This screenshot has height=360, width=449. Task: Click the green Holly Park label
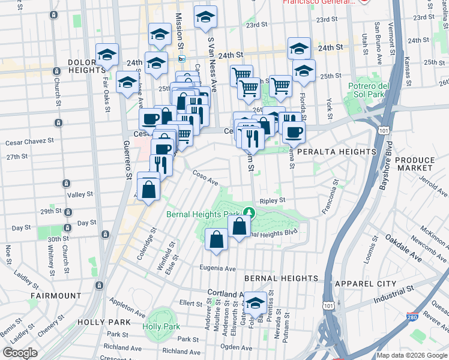point(161,327)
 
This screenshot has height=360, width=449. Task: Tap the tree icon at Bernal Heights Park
point(249,212)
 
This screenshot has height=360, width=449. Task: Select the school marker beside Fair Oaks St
point(107,55)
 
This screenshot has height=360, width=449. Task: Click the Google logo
point(20,353)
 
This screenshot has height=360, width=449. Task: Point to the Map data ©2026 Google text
point(411,355)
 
